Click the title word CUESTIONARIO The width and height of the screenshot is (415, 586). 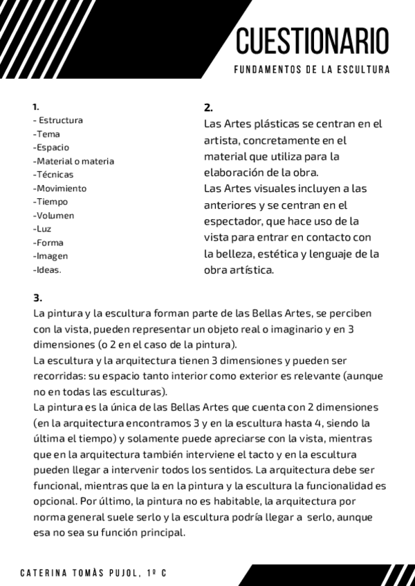(x=313, y=41)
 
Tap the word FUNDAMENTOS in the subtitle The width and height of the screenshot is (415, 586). (x=266, y=70)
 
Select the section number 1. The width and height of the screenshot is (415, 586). (x=35, y=107)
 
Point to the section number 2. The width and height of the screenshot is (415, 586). (x=208, y=108)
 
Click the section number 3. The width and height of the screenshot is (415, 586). (x=37, y=298)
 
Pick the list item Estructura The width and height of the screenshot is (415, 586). (x=60, y=120)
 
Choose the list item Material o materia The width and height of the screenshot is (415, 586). (x=74, y=161)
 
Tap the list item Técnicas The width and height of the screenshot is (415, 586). (x=54, y=175)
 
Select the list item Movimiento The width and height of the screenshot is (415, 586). (x=61, y=188)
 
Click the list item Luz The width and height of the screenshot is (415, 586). (x=43, y=229)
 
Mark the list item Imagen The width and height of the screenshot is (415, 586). (x=52, y=256)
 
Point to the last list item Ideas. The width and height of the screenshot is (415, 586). (x=48, y=270)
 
